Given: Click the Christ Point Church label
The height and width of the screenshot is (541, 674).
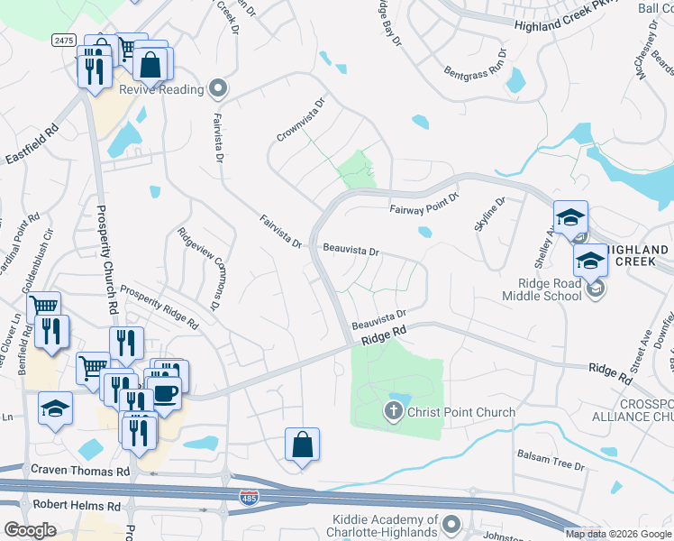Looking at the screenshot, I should pos(461,413).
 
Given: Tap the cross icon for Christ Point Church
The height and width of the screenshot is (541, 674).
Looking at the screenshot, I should pos(394,413).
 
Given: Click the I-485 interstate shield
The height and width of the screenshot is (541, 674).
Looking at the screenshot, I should pos(248,497).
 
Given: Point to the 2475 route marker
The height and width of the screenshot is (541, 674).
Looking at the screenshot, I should pos(63,41).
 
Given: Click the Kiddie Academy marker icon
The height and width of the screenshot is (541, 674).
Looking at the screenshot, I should pos(451,524).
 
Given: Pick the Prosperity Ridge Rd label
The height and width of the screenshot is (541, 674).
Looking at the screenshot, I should pos(159,310).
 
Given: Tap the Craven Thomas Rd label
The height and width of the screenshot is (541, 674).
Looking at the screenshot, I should pos(80,472).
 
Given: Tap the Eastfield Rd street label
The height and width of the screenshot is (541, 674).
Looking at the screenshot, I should pos(32,145).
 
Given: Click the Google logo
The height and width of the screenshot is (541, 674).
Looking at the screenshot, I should pos(31,530).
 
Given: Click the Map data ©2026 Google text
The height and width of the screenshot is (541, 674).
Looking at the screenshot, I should pos(618,534).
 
